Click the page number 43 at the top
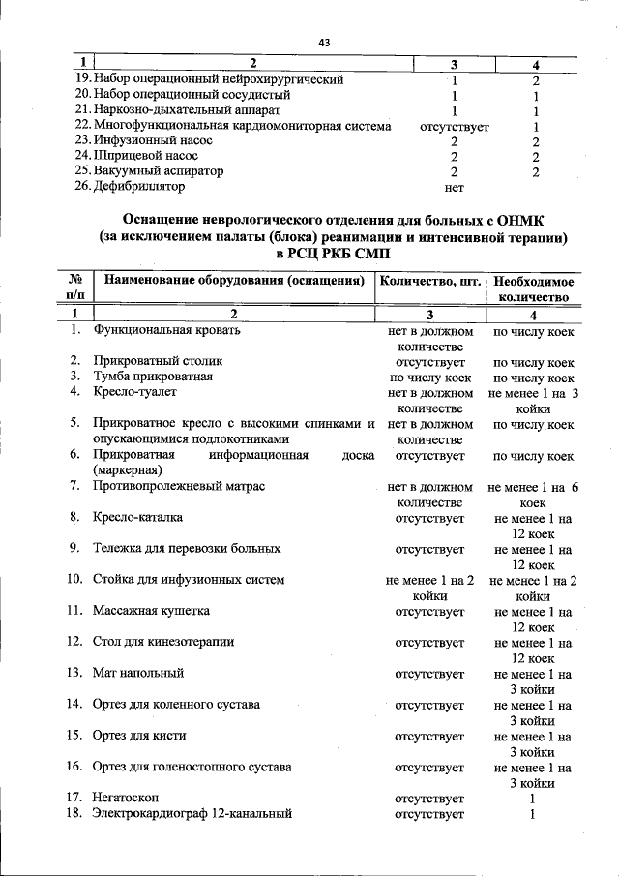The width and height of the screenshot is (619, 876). (x=324, y=42)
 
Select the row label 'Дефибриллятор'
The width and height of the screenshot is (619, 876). (x=134, y=187)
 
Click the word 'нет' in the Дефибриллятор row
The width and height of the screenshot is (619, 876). (x=454, y=188)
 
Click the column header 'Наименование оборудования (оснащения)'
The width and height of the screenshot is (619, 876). (x=234, y=282)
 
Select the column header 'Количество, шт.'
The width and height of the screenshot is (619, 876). (x=430, y=282)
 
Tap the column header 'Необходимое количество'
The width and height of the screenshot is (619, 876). (x=533, y=289)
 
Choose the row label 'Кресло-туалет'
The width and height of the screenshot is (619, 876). (x=135, y=393)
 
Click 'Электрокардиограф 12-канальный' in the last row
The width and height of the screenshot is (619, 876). (x=192, y=814)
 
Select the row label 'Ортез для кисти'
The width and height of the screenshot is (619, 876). (x=139, y=736)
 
